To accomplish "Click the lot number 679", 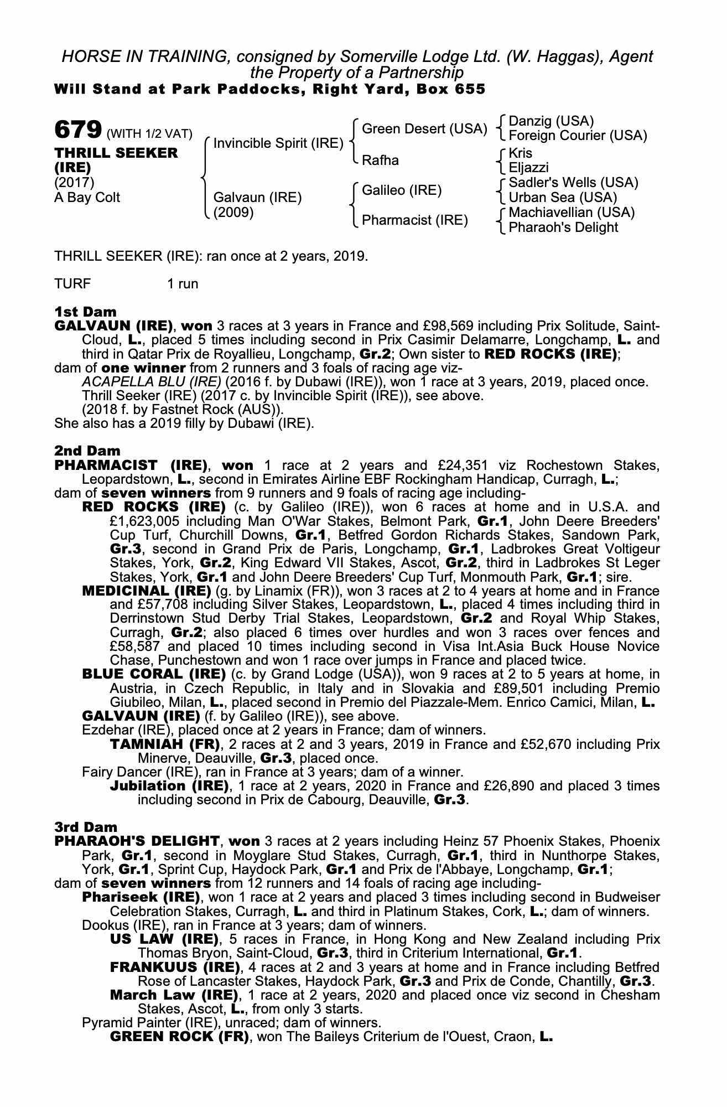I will [77, 130].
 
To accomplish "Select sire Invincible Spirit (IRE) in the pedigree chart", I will [278, 143].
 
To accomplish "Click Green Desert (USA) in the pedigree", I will [424, 129].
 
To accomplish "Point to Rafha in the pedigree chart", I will [380, 161].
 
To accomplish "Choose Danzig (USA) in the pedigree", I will [551, 121].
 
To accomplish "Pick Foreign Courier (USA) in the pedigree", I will [577, 136].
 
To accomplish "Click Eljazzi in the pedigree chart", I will [529, 168].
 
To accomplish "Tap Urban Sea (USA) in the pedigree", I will [563, 198].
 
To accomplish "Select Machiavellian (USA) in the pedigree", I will [572, 213].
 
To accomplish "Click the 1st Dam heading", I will [85, 312].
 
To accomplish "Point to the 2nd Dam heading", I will [87, 451].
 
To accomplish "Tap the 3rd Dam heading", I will [86, 827].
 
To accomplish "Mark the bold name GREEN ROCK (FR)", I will [179, 1036].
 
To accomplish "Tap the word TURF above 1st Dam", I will [72, 284].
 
